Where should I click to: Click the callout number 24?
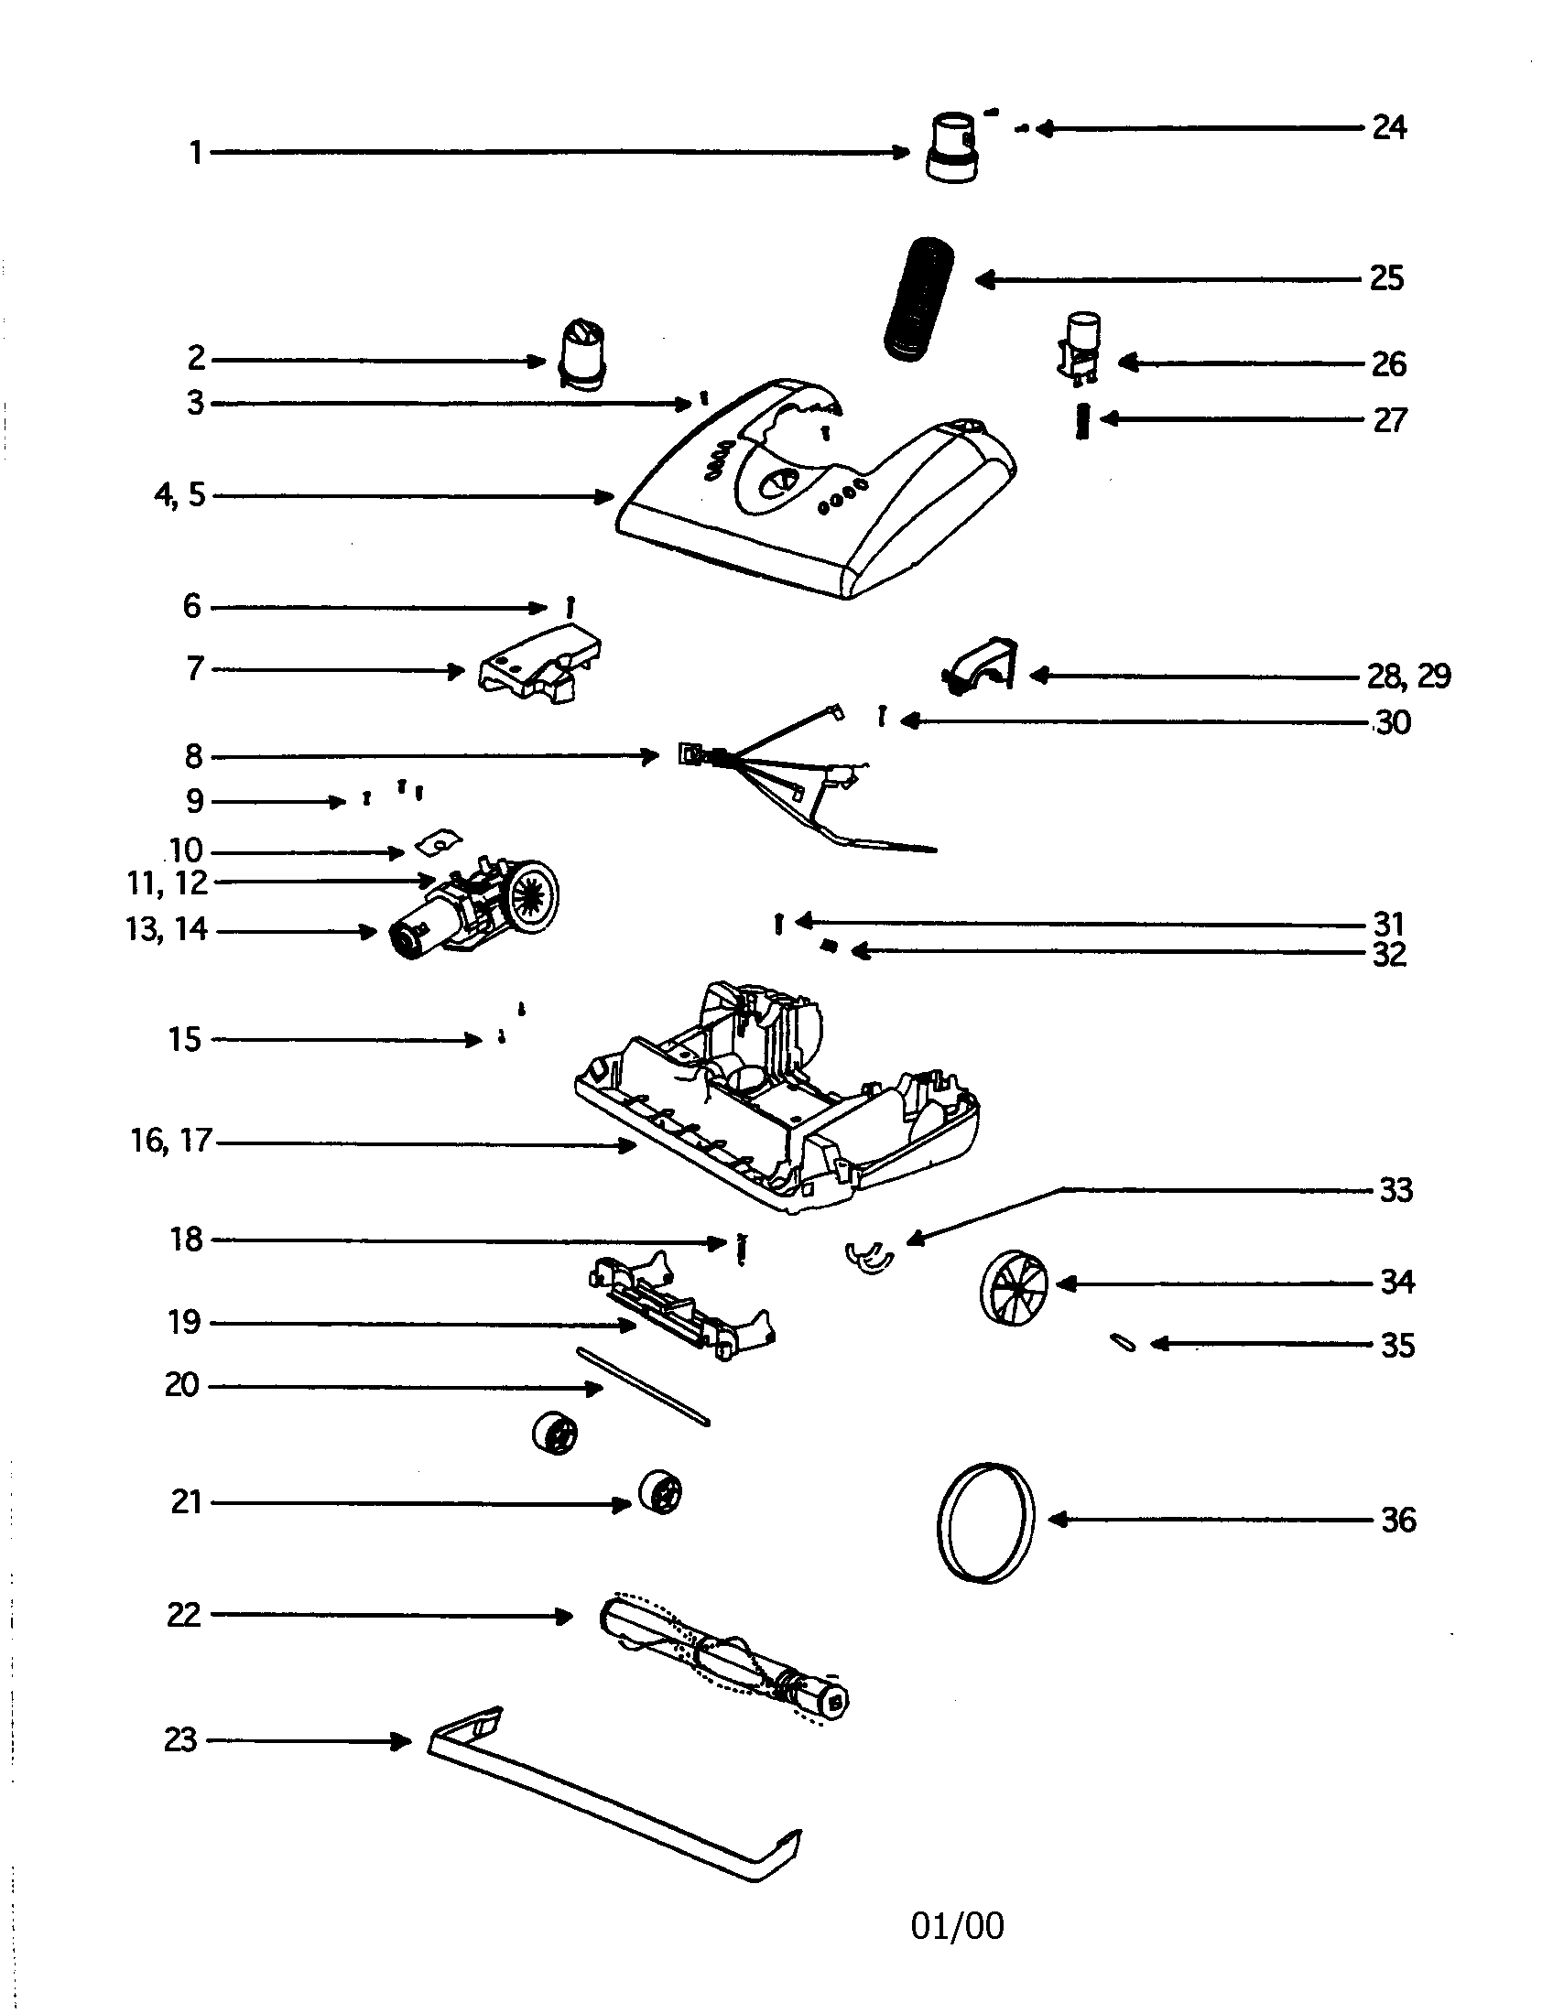coord(1389,127)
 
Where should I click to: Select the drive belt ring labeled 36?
coord(985,1521)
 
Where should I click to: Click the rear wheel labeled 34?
coord(1013,1287)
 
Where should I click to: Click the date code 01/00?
coord(957,1925)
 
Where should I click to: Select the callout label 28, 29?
coord(1408,677)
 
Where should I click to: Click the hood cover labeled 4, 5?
coord(811,498)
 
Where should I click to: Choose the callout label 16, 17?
coord(171,1141)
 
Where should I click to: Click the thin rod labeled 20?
coord(643,1386)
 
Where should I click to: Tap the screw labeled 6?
coord(570,607)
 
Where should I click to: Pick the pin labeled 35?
coord(1124,1343)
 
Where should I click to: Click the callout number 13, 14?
coord(167,928)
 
